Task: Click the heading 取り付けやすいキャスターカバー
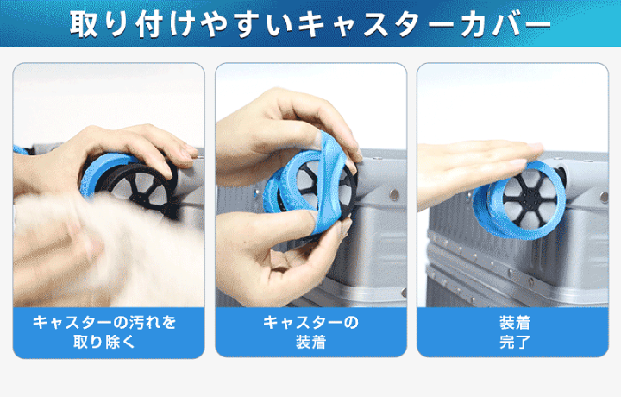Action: coord(310,24)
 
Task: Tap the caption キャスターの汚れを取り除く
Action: coord(104,332)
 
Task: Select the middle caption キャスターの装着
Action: coord(310,332)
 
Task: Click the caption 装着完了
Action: coord(514,332)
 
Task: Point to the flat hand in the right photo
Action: coord(475,170)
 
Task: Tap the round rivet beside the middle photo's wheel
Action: coord(394,194)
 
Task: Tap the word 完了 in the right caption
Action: coord(514,342)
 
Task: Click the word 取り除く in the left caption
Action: coord(104,342)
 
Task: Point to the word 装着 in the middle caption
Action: coord(310,342)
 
